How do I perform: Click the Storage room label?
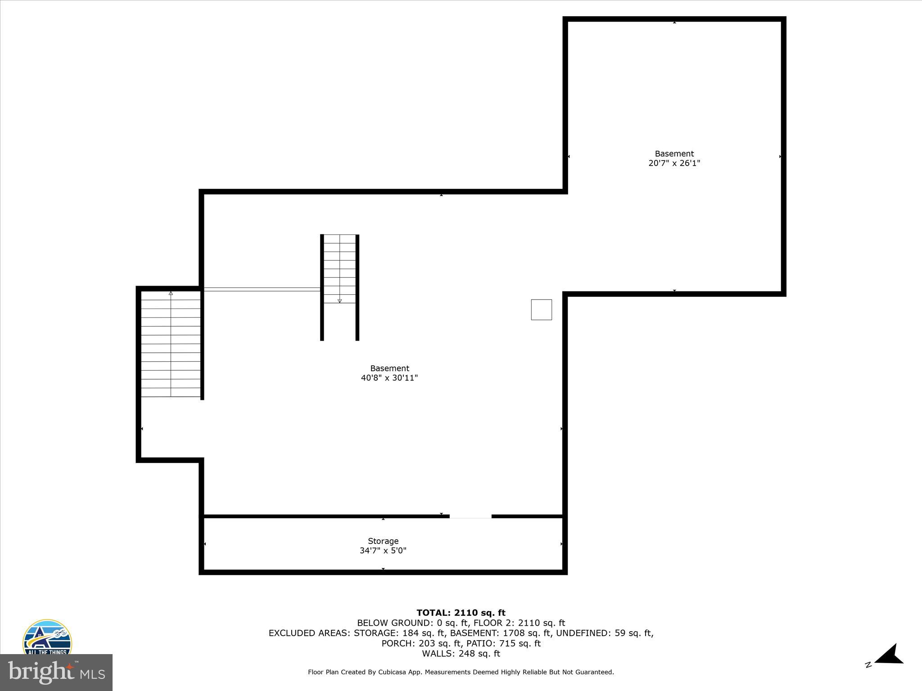383,541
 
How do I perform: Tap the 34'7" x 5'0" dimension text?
383,551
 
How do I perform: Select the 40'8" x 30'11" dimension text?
389,378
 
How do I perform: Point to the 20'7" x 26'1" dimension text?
674,163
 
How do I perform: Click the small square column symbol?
541,310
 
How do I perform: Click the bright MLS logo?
56,672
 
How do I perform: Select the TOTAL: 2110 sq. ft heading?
461,613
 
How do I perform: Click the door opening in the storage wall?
470,517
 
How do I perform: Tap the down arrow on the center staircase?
339,301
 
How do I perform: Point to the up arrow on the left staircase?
171,293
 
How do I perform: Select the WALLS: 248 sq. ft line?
461,654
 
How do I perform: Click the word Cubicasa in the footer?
394,672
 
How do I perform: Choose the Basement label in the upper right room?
674,154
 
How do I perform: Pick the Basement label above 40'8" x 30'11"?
389,368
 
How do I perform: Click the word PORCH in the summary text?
398,643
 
